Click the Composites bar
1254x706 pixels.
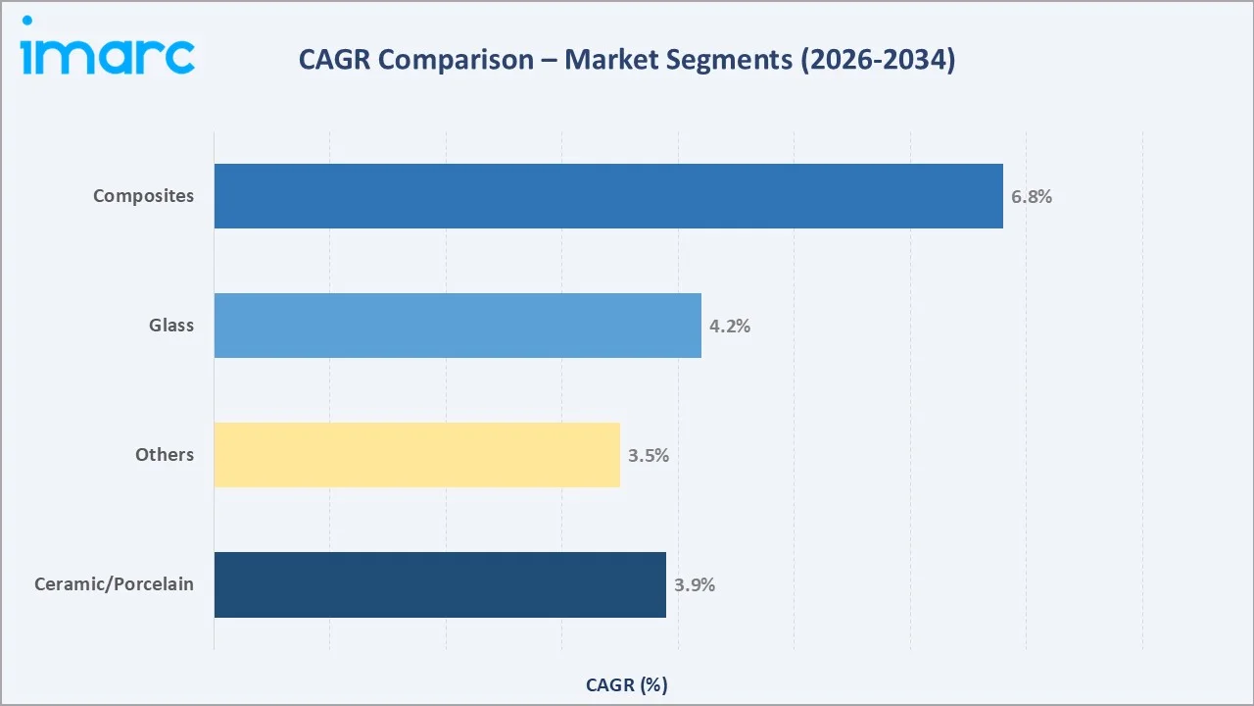coord(608,196)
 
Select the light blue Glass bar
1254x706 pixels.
coord(458,326)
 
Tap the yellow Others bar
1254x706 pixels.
coord(416,455)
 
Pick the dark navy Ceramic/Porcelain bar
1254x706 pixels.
coord(440,584)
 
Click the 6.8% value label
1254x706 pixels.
coord(1032,196)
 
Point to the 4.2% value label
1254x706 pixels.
coord(730,326)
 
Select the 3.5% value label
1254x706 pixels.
coord(649,455)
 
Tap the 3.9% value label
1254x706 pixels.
coord(695,584)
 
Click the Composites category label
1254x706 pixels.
coord(144,196)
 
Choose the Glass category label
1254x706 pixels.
coord(171,326)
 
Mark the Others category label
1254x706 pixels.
coord(165,455)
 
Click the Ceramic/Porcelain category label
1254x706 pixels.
coord(114,584)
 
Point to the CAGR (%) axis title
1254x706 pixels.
coord(627,685)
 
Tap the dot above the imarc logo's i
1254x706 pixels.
coord(26,21)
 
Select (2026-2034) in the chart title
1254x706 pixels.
coord(877,60)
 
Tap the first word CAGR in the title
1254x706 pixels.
coord(335,60)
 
